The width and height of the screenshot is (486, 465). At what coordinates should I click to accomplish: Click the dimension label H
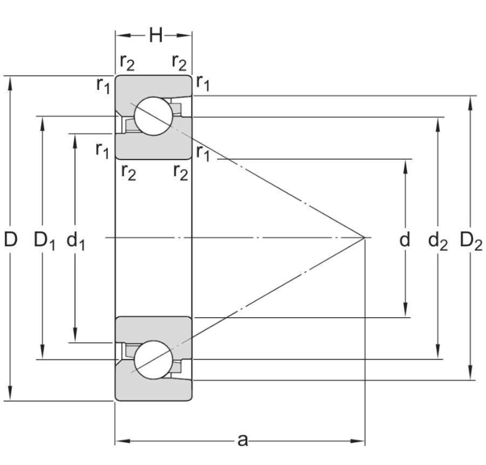155,35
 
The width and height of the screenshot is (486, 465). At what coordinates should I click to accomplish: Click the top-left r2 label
127,62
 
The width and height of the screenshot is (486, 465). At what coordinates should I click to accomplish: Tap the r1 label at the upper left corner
103,86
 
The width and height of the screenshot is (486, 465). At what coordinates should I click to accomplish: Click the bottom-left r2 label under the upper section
127,173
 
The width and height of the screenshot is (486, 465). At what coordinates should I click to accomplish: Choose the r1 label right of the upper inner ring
202,152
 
